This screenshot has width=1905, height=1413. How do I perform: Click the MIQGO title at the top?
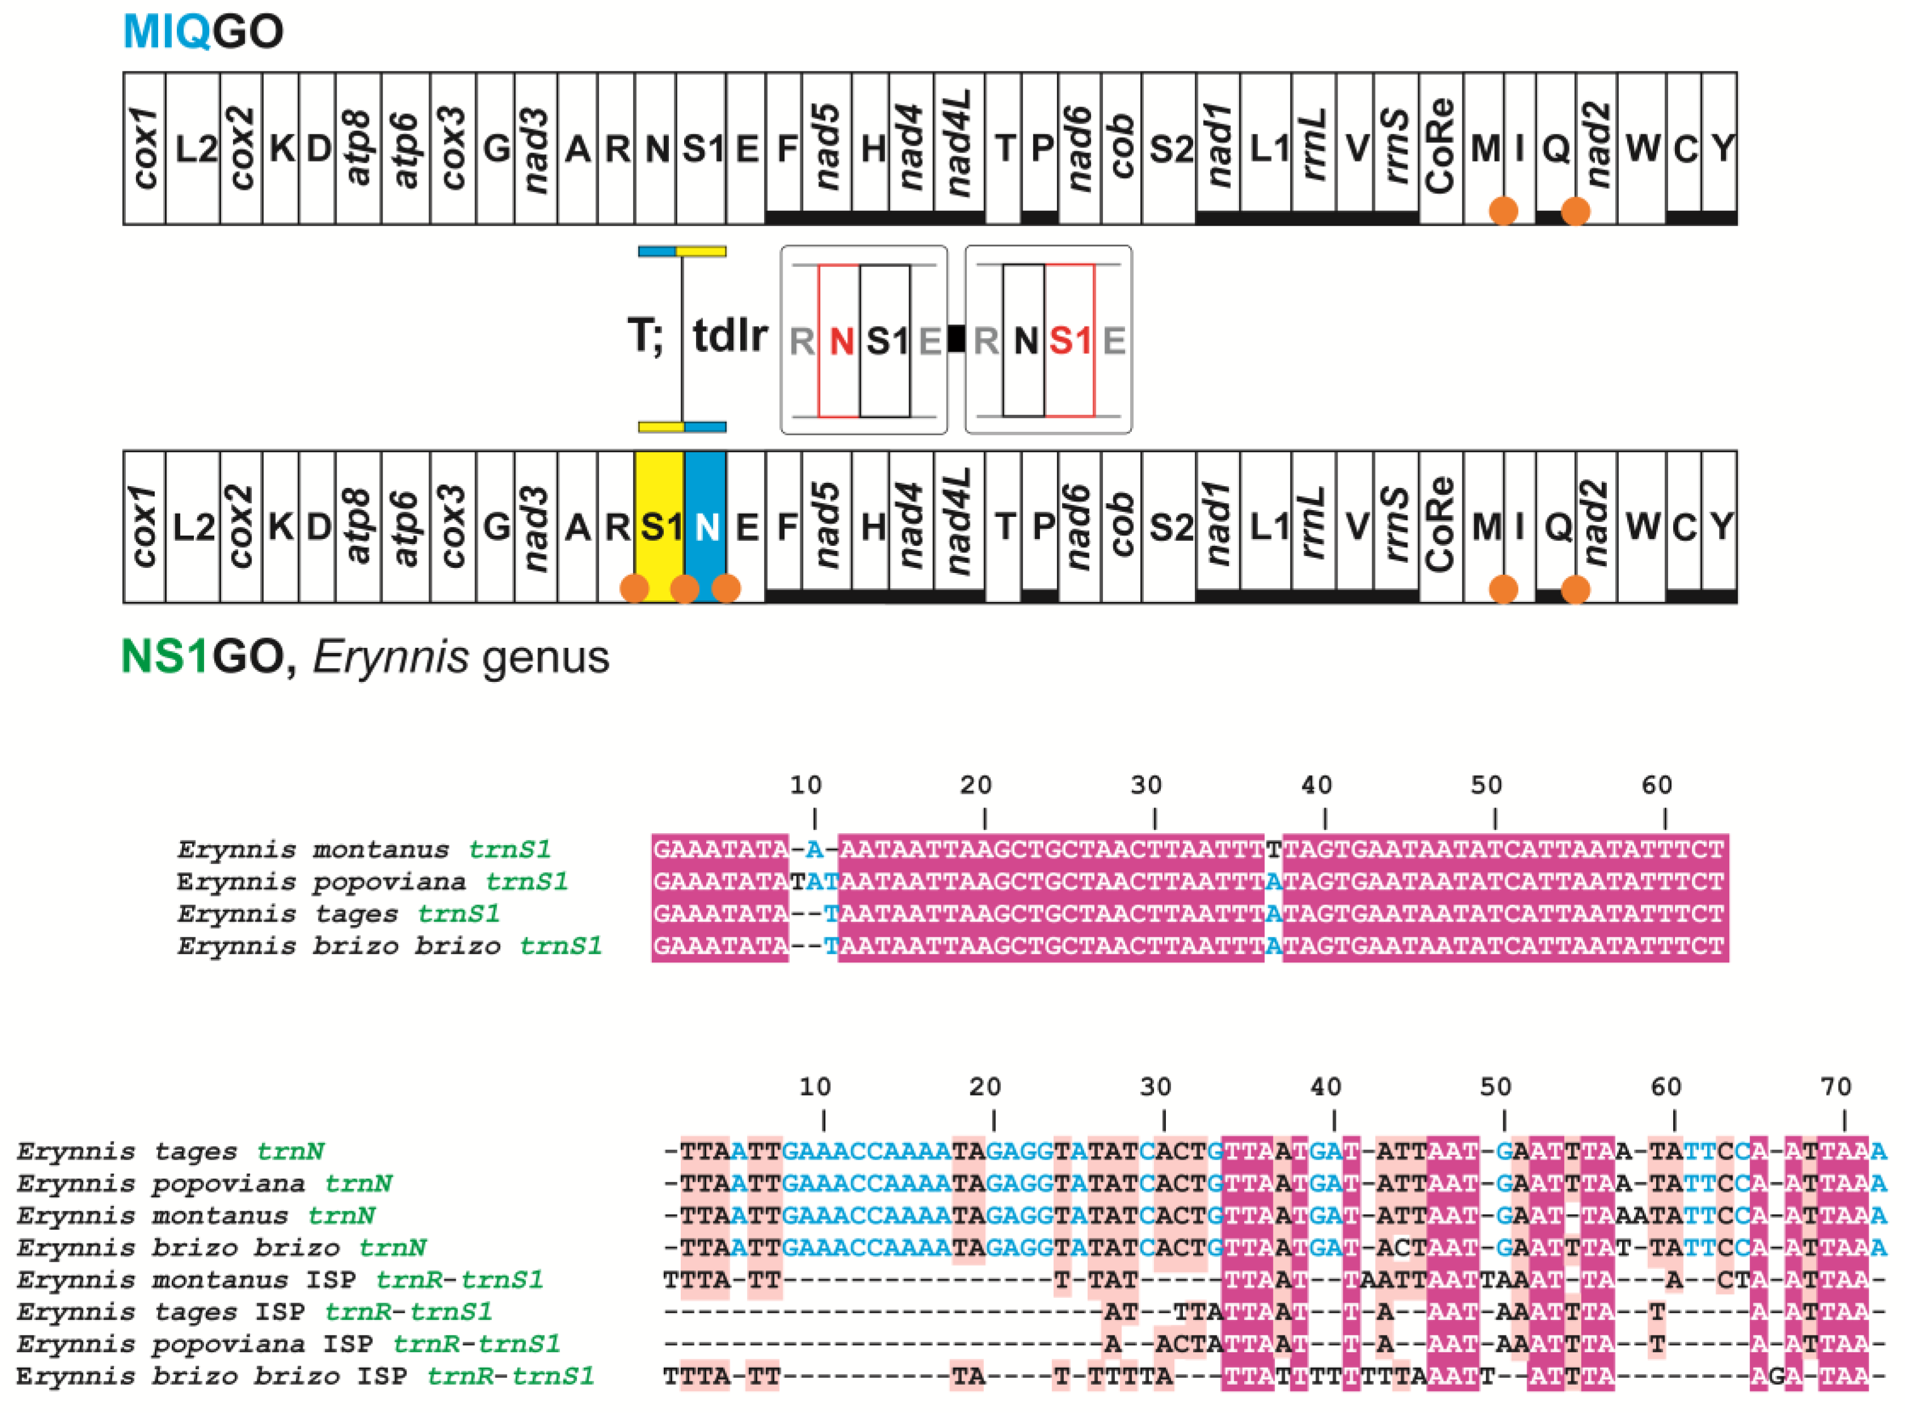(203, 32)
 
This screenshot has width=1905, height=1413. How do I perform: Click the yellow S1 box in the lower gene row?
(660, 526)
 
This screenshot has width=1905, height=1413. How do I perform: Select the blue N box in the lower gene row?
(706, 526)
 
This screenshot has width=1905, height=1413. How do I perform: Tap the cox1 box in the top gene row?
(144, 148)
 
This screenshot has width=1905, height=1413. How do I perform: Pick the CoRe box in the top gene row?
(1441, 148)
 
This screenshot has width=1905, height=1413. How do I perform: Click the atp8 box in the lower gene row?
(358, 526)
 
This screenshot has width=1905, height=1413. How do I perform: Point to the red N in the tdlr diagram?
(841, 341)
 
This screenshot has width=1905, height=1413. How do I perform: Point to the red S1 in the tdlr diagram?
(1070, 341)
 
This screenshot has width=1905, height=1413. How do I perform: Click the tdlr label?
(729, 334)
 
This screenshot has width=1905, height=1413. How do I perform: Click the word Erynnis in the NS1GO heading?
(390, 657)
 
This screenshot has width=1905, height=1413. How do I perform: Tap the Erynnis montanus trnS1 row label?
(363, 850)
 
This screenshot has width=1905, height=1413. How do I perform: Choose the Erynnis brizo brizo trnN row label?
(220, 1248)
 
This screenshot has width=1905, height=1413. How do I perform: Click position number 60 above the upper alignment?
(1657, 785)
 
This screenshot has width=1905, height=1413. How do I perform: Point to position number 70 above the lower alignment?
(1836, 1087)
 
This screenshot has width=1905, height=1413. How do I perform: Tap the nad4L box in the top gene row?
(959, 148)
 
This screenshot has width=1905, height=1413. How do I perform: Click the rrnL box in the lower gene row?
(1313, 526)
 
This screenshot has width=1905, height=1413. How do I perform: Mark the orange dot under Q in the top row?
(1575, 210)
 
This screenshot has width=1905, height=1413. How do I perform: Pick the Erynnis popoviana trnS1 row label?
(372, 882)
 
